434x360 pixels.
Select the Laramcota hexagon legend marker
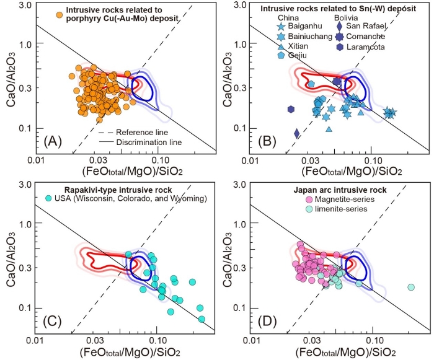tap(339, 45)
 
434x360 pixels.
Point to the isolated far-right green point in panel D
tap(410, 287)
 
